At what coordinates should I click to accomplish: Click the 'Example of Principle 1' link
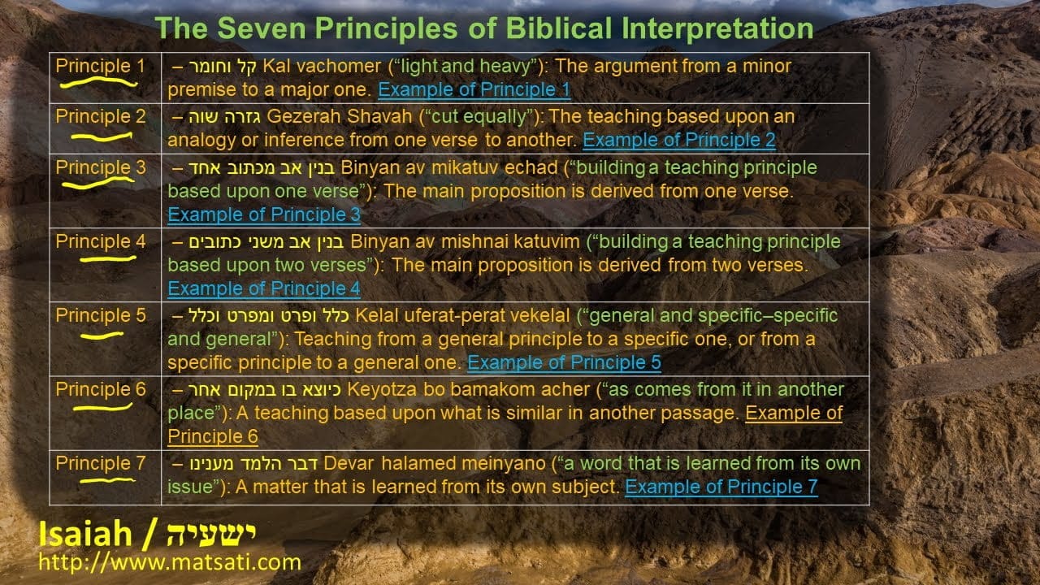click(474, 89)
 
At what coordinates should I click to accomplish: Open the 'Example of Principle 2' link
click(679, 140)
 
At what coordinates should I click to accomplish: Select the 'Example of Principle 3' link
click(264, 214)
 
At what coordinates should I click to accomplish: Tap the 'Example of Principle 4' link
click(264, 288)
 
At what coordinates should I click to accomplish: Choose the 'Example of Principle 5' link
click(564, 362)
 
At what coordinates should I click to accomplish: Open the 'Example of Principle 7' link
click(721, 487)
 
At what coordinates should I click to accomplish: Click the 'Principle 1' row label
click(100, 66)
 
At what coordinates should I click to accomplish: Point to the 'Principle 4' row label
click(100, 241)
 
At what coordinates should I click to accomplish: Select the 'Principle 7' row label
click(100, 463)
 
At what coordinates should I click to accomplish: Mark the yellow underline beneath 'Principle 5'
click(102, 336)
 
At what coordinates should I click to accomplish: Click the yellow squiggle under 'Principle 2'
click(102, 137)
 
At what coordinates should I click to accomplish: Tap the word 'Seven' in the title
click(262, 28)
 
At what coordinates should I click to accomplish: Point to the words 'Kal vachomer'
click(322, 67)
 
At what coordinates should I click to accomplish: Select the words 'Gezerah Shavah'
click(339, 116)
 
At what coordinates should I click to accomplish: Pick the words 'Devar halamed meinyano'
click(435, 464)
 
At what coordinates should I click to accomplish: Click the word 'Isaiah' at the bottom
click(85, 534)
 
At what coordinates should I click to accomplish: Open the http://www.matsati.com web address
click(170, 562)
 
